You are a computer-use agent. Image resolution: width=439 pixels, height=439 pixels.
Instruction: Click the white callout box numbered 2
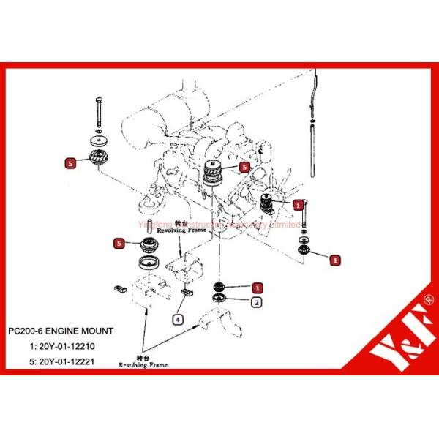pos(256,301)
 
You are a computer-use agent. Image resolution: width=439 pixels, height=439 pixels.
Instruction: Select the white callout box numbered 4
pos(179,318)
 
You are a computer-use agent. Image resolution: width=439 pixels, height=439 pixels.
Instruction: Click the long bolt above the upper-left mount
pos(97,113)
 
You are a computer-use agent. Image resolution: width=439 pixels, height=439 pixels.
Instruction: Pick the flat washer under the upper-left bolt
pos(97,140)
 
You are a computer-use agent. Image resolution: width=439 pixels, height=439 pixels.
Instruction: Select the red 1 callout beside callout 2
pos(256,288)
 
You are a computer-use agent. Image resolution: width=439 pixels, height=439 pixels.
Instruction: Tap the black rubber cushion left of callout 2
pos(218,287)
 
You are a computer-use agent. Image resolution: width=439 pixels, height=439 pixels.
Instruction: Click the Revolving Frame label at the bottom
pos(144,364)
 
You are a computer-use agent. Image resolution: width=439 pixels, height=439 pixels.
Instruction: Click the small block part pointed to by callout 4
pos(184,294)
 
